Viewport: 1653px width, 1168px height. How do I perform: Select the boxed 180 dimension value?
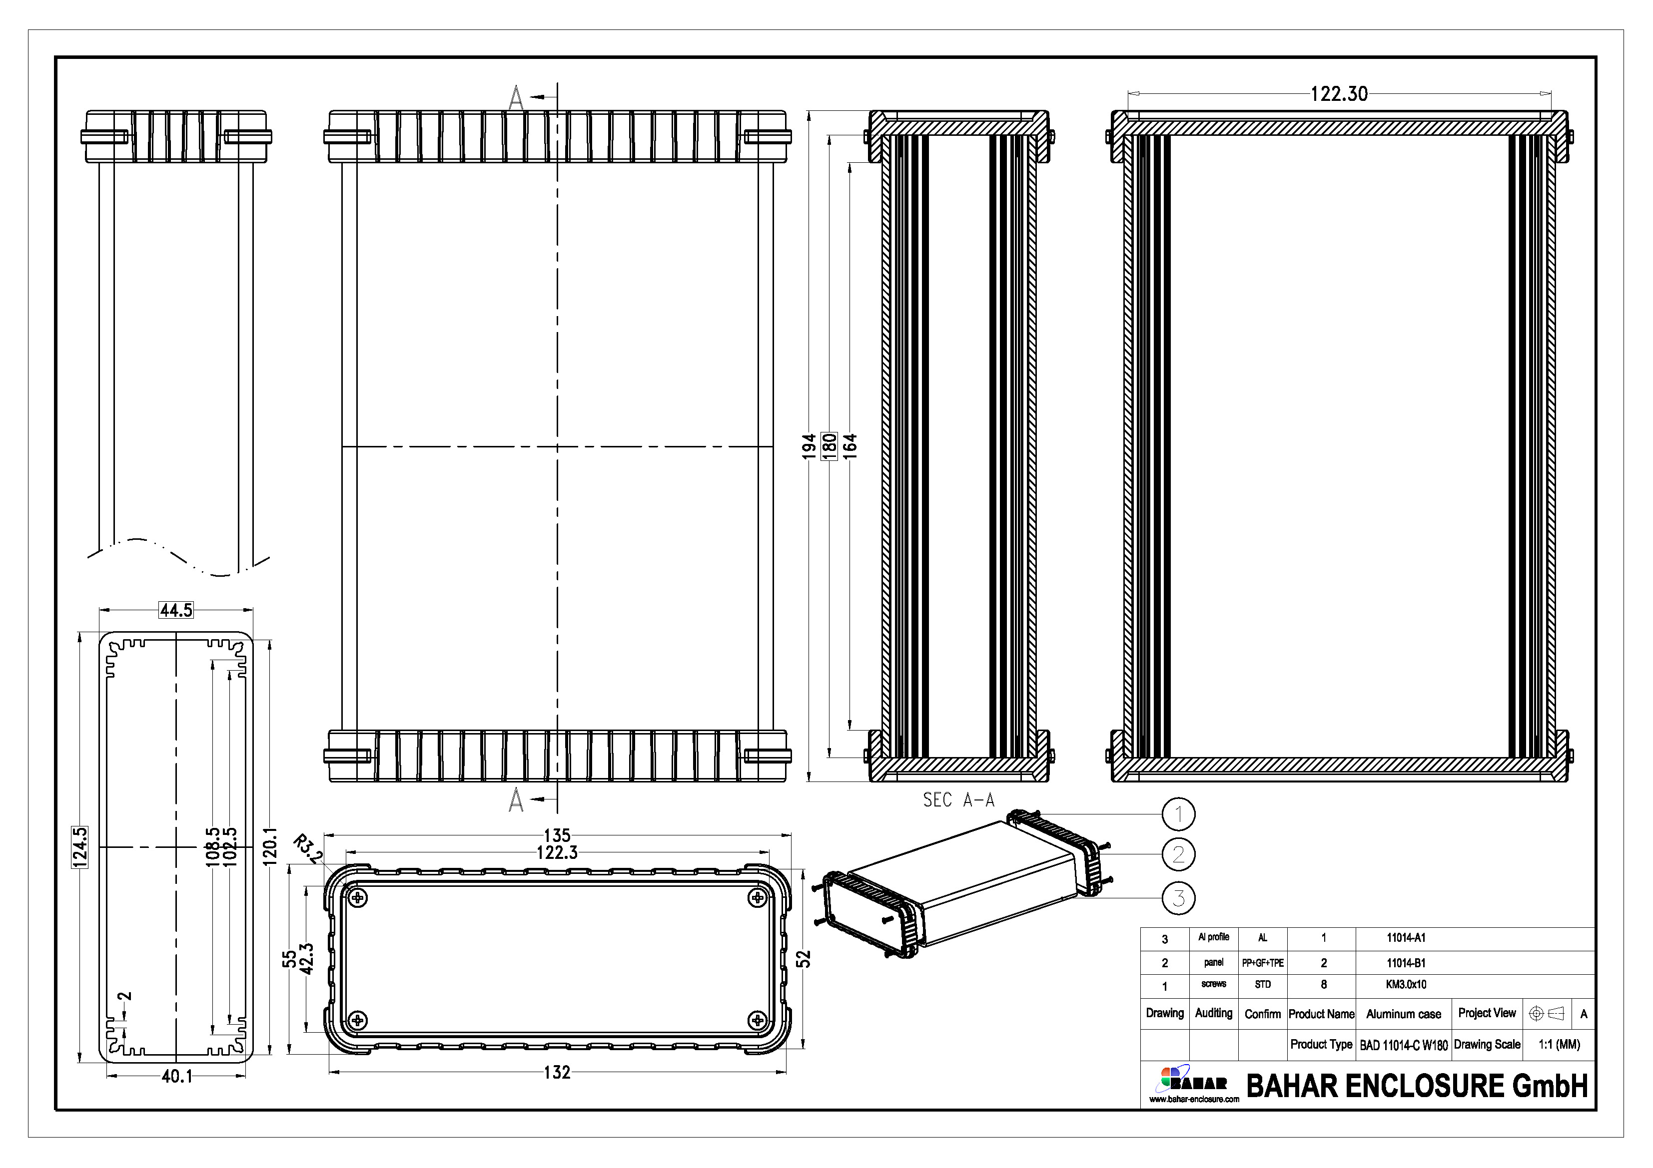pyautogui.click(x=829, y=446)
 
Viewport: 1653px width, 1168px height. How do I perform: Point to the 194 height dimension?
pyautogui.click(x=809, y=446)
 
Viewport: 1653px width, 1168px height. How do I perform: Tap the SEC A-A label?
pyautogui.click(x=958, y=799)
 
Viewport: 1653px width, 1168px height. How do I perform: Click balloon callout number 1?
pyautogui.click(x=1179, y=814)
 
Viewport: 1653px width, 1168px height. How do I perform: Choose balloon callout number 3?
pyautogui.click(x=1179, y=898)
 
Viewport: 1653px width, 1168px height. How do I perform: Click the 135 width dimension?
pyautogui.click(x=557, y=835)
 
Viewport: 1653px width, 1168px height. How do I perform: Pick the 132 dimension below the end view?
pyautogui.click(x=557, y=1072)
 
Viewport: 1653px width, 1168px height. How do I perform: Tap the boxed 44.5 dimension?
pyautogui.click(x=176, y=610)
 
